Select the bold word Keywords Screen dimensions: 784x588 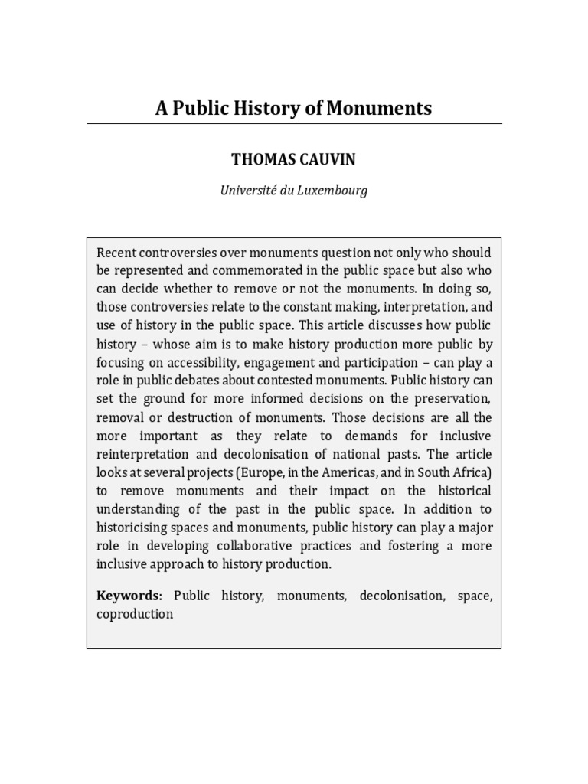(129, 595)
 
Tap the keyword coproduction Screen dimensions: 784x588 (135, 613)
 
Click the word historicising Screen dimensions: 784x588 (134, 528)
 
